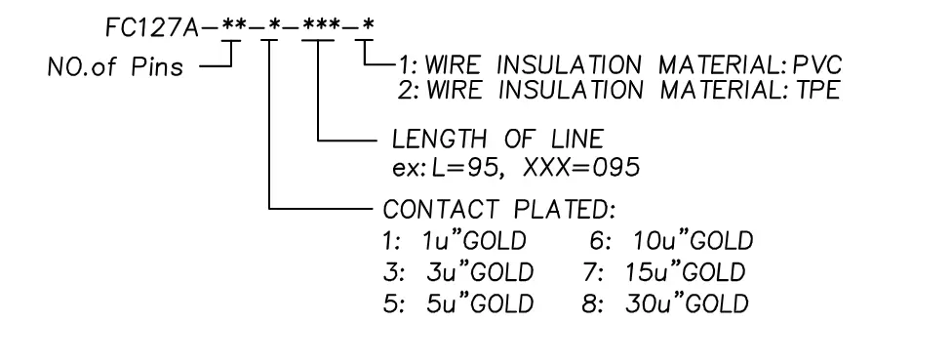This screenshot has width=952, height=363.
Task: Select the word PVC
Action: (819, 64)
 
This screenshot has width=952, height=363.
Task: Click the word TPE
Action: (819, 90)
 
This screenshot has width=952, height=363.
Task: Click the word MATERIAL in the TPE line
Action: (697, 90)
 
